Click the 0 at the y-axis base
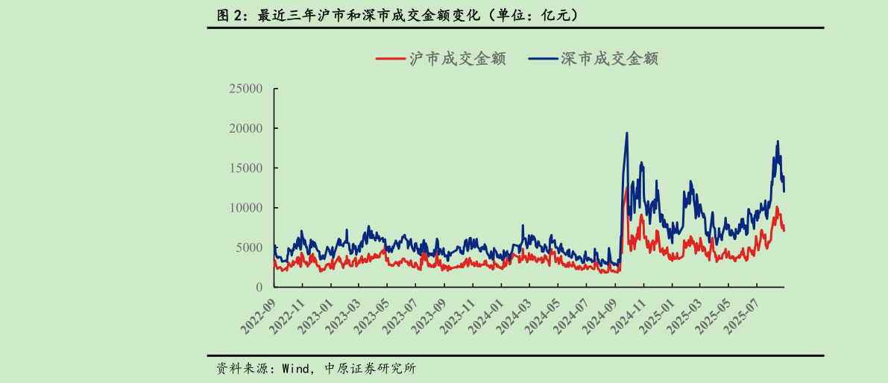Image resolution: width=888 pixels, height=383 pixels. coord(259,287)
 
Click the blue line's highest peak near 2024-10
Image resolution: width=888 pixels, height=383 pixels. coord(626,133)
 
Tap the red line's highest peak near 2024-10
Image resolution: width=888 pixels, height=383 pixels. coord(626,189)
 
